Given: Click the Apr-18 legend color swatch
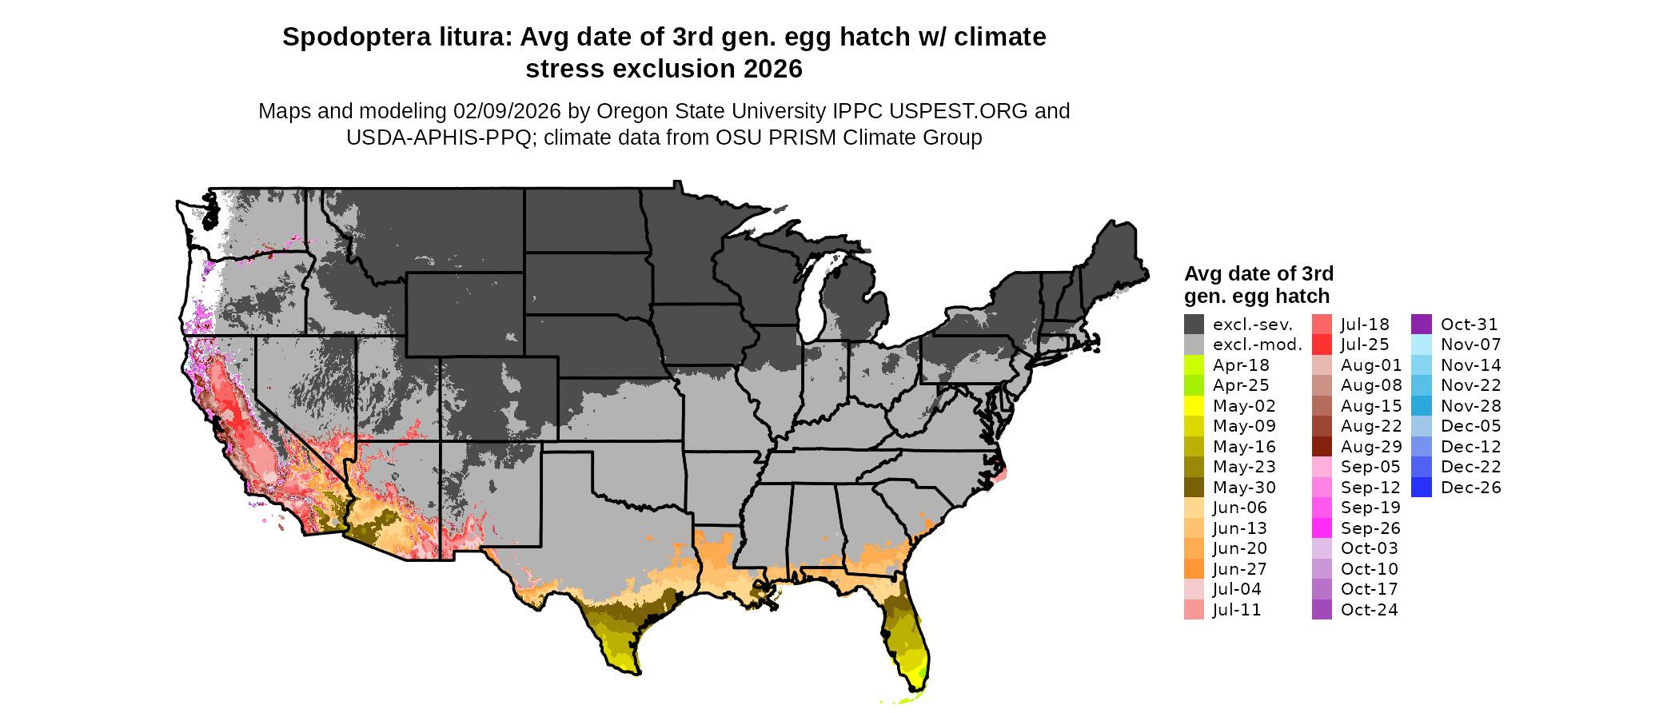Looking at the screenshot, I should coord(1194,365).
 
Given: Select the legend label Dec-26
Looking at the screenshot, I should coord(1470,488).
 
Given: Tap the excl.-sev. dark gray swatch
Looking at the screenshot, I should coord(1194,325).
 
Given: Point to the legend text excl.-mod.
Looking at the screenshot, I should coord(1257,345).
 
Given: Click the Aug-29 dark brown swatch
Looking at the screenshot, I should coord(1322,447).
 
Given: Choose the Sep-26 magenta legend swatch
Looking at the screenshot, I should coord(1322,528).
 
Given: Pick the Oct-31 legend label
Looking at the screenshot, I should coord(1469,325).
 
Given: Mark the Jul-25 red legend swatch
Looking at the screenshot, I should coord(1322,345).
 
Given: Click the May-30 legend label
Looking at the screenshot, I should coord(1244,488).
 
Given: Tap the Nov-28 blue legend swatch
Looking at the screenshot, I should coord(1422,406).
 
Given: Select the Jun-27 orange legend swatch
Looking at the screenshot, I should coord(1194,569).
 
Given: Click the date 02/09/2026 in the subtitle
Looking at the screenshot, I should coord(507,111).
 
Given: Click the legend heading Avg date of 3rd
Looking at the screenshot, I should coord(1258,274).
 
